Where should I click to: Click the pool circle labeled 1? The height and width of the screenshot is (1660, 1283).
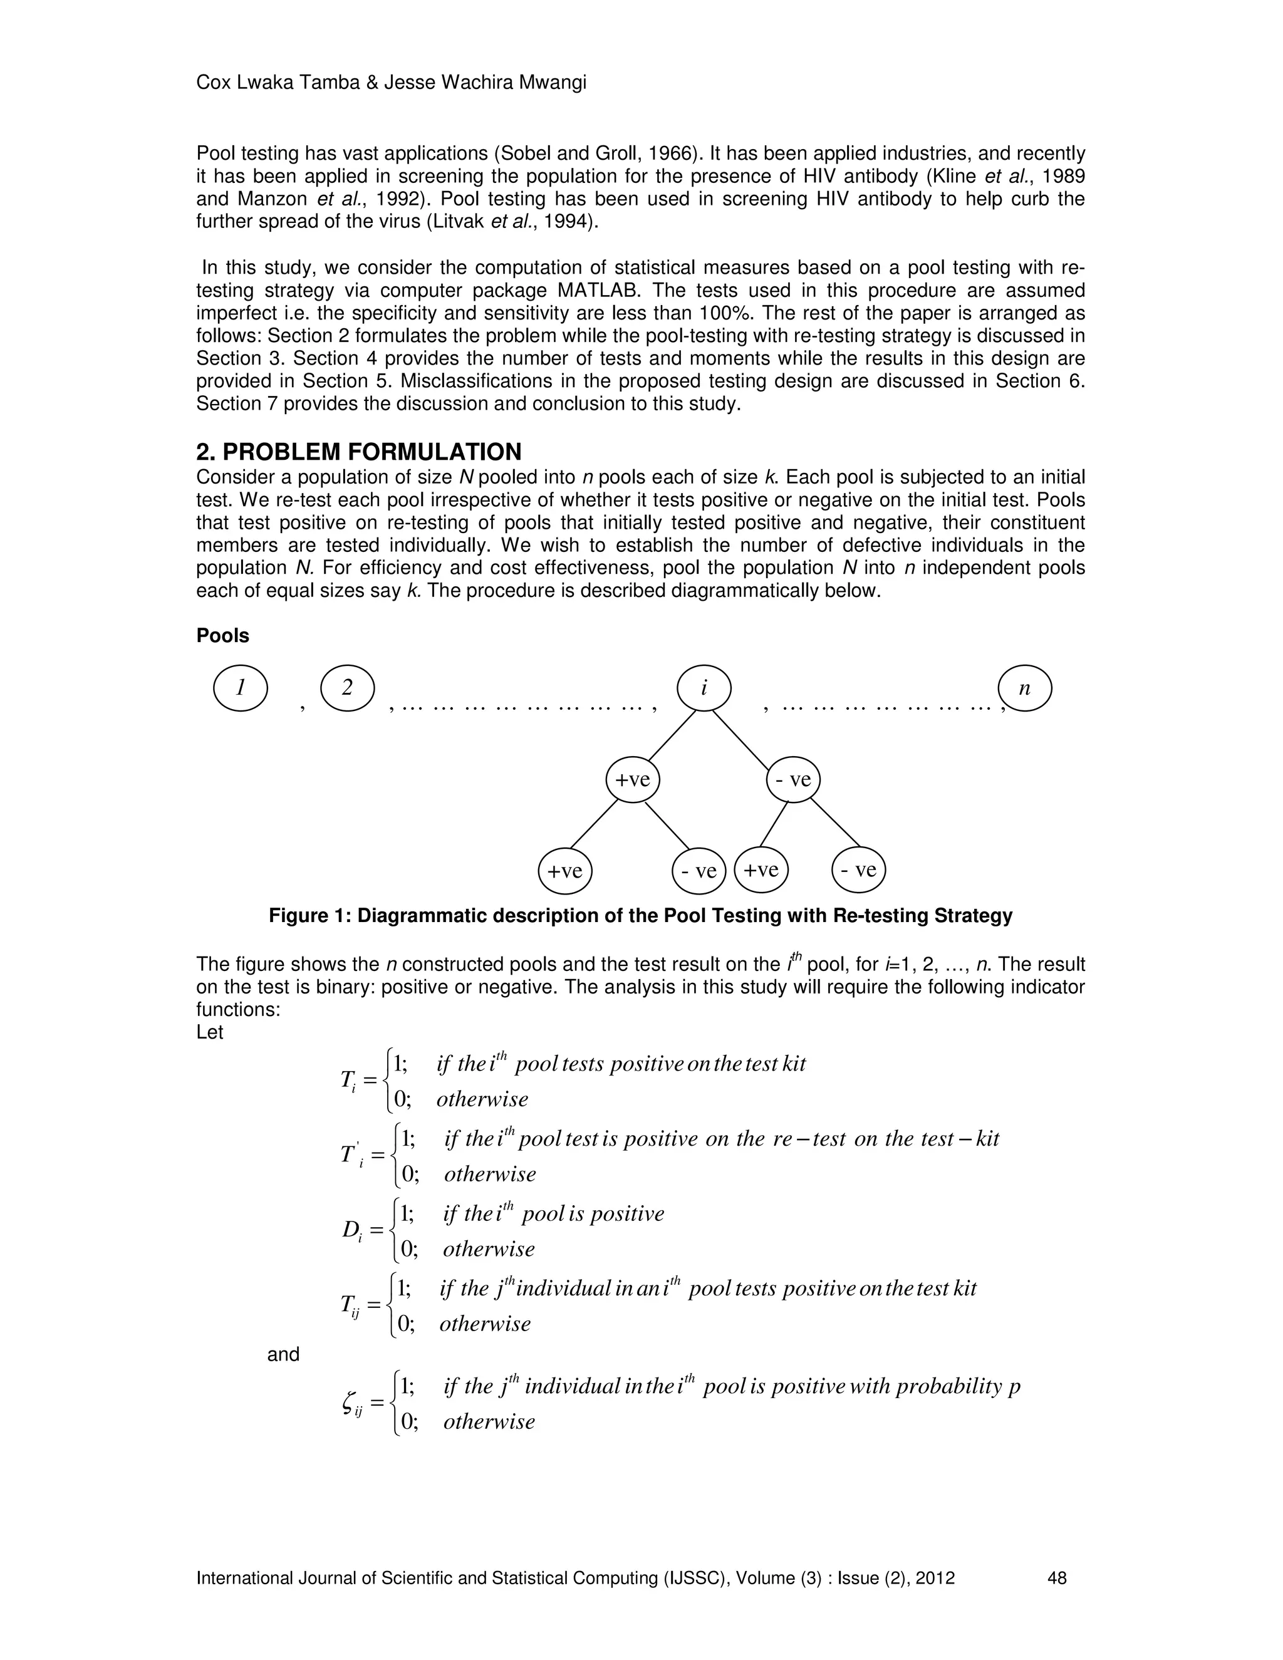tap(240, 688)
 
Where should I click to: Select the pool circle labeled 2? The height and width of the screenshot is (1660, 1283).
tap(347, 688)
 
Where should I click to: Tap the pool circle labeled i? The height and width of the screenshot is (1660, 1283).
tap(704, 688)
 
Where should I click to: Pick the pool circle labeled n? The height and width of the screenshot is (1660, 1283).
tap(1024, 688)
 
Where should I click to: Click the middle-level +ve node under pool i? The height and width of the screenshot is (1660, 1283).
tap(632, 780)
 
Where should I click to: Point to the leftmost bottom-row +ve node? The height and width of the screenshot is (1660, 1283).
tap(564, 870)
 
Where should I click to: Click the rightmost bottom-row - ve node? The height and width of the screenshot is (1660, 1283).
tap(859, 870)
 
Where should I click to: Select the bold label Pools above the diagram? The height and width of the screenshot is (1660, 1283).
tap(222, 635)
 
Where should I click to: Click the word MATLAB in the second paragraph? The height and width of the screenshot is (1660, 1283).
tap(596, 291)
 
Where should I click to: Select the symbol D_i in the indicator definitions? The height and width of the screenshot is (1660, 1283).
tap(351, 1230)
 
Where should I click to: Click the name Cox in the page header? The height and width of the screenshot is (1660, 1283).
tap(214, 82)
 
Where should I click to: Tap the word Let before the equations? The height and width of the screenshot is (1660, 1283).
tap(209, 1032)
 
